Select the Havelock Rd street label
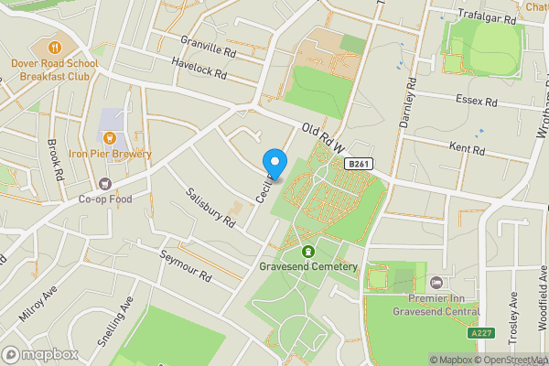click(199, 69)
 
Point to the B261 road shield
click(360, 163)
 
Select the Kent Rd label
click(467, 146)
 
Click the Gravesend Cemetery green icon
click(308, 252)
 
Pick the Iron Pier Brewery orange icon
click(110, 138)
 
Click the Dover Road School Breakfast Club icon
click(55, 47)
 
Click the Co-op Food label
click(105, 199)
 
